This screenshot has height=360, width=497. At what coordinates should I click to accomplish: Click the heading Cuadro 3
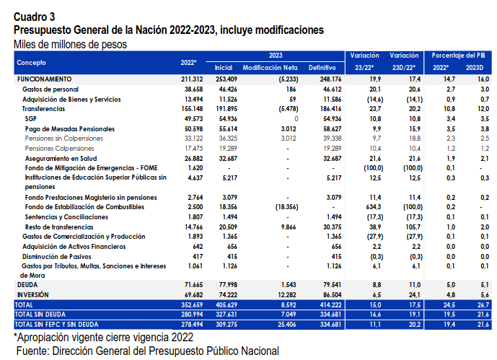click(34, 17)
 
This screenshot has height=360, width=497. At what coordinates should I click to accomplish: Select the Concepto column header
click(32, 63)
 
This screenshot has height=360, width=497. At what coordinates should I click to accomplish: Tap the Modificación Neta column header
click(270, 68)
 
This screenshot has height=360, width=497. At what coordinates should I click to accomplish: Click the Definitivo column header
click(322, 68)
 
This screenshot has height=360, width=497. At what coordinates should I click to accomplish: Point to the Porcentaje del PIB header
click(458, 56)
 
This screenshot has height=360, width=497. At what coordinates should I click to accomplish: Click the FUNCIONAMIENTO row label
click(45, 79)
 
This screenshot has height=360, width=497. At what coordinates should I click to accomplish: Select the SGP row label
click(31, 119)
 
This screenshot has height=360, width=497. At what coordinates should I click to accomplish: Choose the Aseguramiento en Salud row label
click(61, 159)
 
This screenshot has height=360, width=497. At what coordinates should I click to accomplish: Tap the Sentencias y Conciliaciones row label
click(66, 217)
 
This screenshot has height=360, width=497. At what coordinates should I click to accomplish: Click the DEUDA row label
click(27, 284)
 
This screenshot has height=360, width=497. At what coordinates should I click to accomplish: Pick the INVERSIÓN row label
click(33, 295)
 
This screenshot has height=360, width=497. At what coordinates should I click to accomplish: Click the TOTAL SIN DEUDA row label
click(40, 315)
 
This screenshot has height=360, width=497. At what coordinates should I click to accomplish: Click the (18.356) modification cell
click(286, 207)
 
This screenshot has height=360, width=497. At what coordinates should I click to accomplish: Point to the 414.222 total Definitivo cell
click(330, 305)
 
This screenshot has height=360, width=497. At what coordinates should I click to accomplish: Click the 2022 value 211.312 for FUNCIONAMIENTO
click(192, 79)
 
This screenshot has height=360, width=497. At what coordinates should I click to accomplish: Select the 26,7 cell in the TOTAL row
click(483, 305)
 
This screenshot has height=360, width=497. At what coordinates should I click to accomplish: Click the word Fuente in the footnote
click(32, 351)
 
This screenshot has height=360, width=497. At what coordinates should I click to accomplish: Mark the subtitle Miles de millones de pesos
click(70, 44)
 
